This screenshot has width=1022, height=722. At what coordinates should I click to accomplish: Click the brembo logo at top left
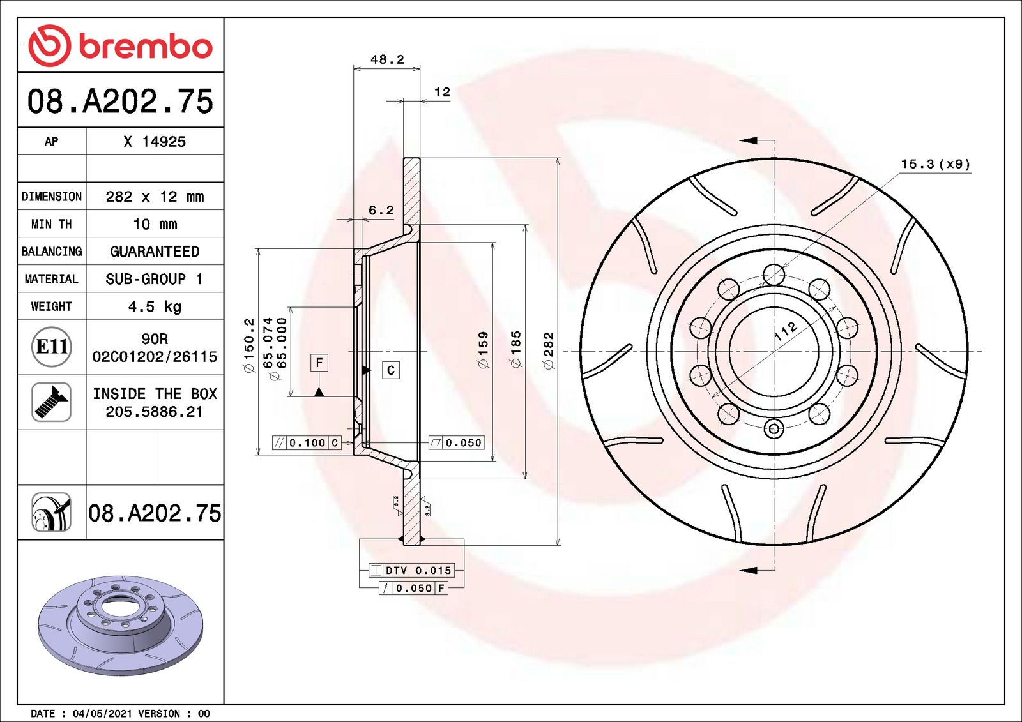tap(121, 45)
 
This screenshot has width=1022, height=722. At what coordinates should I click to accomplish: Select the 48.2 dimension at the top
tap(387, 59)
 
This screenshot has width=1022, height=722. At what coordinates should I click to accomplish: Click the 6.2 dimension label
tap(381, 210)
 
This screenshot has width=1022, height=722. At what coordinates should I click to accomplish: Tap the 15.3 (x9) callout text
tap(935, 164)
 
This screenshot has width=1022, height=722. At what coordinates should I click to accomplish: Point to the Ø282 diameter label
tap(548, 350)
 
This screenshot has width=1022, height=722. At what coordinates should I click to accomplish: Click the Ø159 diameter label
tap(483, 350)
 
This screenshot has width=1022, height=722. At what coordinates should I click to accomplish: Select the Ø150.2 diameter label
tap(249, 345)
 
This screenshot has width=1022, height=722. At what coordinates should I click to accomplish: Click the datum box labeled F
tap(319, 363)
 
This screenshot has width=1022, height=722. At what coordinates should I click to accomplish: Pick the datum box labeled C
tap(391, 370)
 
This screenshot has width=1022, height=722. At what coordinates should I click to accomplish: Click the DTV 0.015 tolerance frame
tap(411, 570)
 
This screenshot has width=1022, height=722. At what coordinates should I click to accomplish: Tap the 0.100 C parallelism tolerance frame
tap(307, 442)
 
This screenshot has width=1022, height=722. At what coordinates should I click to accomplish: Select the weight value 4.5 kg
tap(155, 306)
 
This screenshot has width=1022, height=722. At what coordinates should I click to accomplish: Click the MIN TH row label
tap(52, 224)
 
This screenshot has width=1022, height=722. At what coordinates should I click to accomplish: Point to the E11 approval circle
tap(51, 347)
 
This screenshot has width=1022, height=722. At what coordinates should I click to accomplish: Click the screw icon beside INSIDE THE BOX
tap(51, 402)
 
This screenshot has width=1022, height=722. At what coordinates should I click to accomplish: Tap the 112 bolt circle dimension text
tap(785, 331)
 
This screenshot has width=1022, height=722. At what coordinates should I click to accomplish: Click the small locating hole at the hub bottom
tap(774, 428)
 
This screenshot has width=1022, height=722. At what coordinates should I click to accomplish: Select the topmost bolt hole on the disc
tap(774, 275)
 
